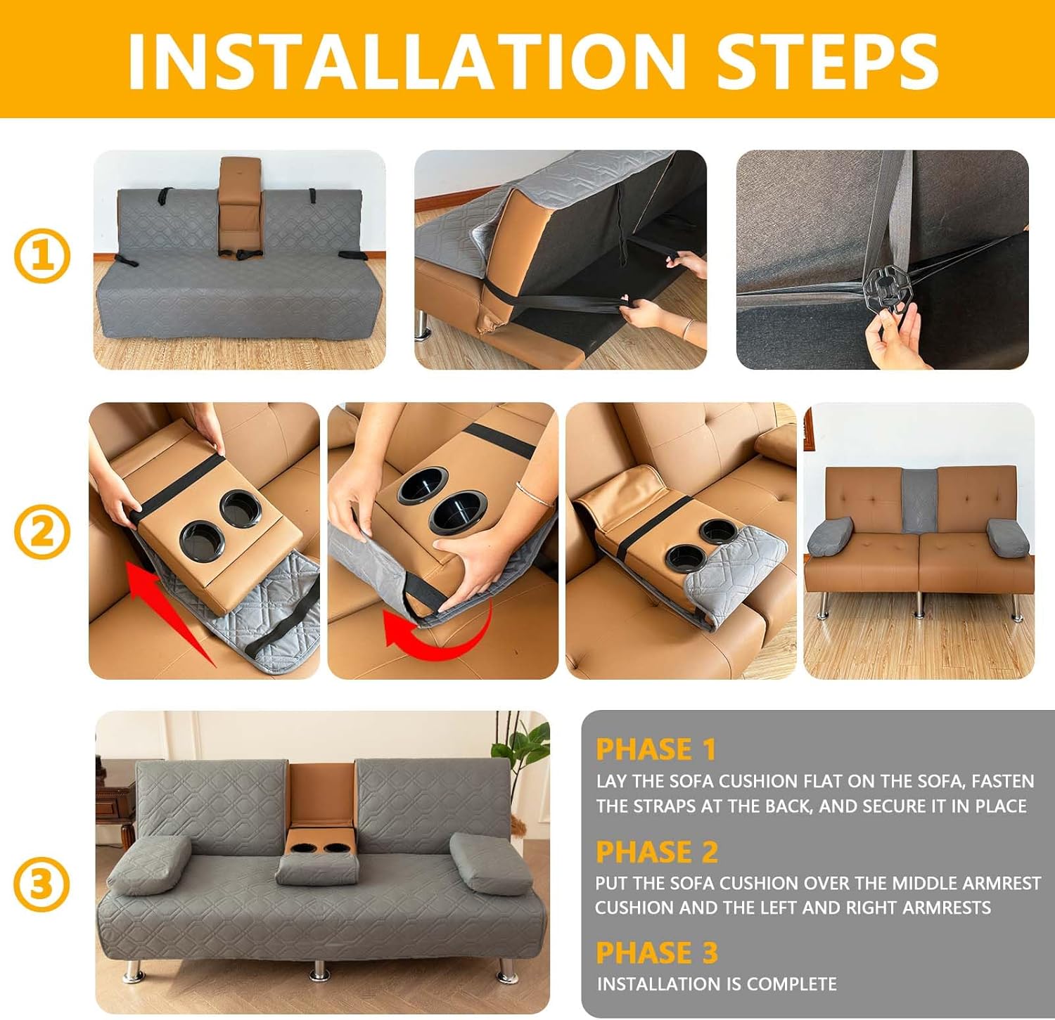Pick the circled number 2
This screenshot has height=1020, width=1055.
point(42,531)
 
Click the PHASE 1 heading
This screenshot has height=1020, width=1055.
point(656,749)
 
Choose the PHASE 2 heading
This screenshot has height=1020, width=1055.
point(657,852)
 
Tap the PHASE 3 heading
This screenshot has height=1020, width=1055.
point(657,953)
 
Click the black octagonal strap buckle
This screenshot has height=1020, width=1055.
point(889,285)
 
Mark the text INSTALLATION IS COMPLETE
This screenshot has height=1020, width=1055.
point(717,984)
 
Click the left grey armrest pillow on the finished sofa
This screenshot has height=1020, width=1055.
point(148,864)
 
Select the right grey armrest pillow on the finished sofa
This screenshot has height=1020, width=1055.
point(491,864)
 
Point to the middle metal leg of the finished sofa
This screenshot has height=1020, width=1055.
point(319,969)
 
